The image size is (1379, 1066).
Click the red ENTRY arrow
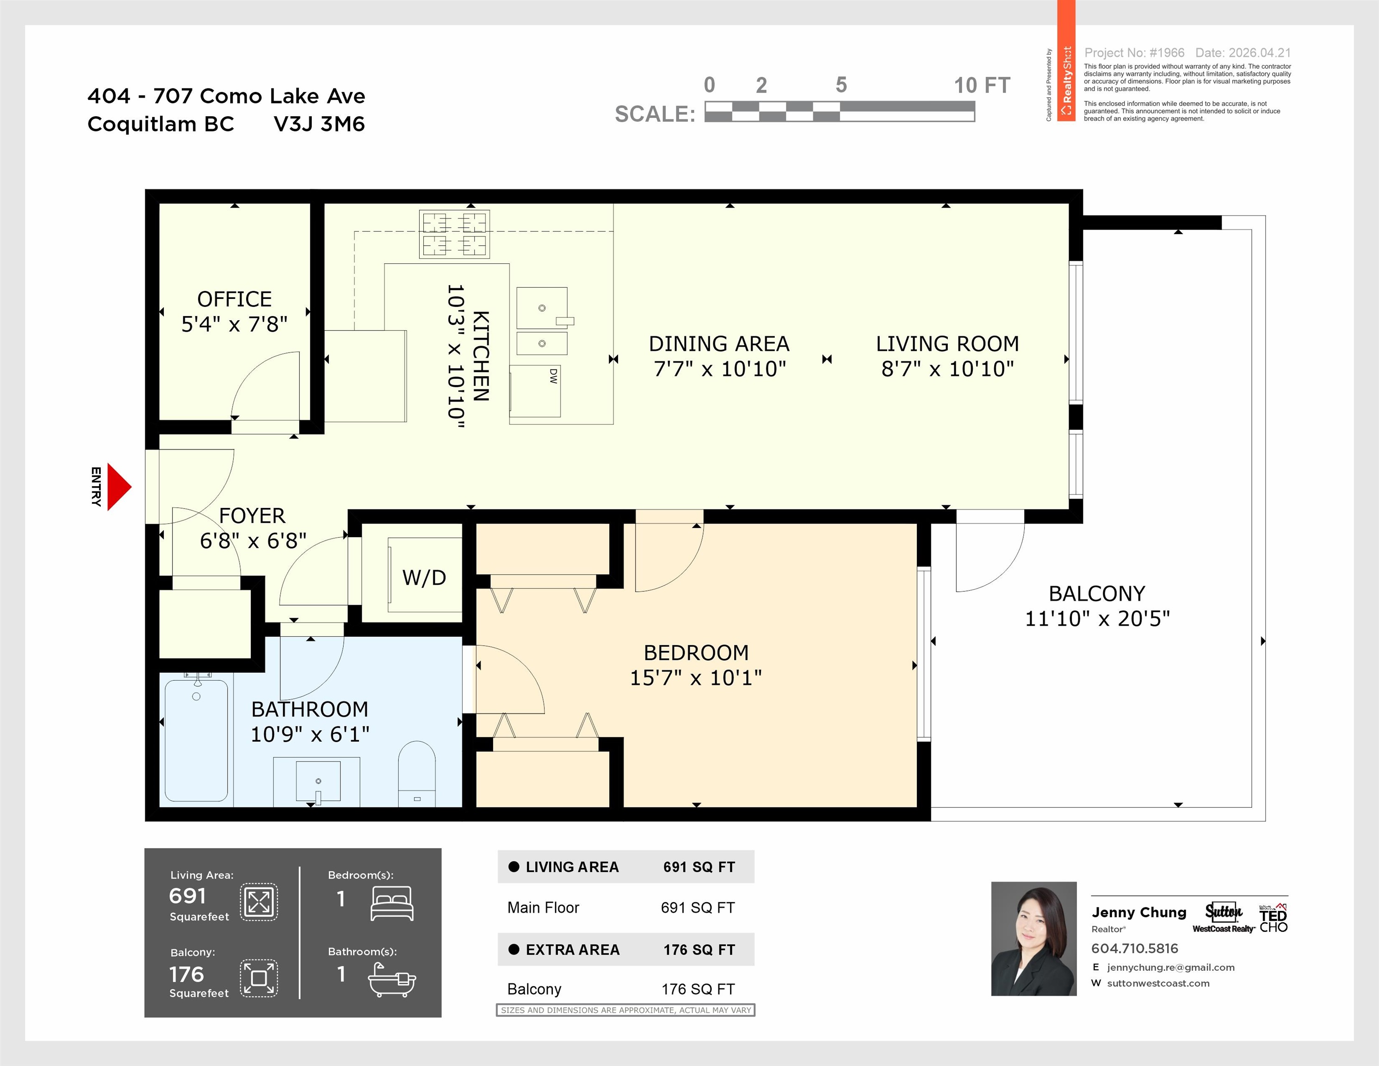click(x=119, y=487)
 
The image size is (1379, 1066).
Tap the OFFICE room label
click(x=234, y=299)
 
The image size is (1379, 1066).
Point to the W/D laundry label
click(x=424, y=577)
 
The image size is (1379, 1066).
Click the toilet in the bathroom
click(x=417, y=773)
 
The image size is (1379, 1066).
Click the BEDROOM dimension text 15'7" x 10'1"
click(x=696, y=678)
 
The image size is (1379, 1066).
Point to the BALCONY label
click(x=1097, y=594)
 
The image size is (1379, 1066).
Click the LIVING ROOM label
click(x=947, y=344)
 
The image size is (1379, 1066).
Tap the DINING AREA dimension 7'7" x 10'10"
click(x=720, y=369)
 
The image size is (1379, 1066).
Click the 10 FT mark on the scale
click(x=982, y=85)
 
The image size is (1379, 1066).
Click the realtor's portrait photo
click(x=1033, y=938)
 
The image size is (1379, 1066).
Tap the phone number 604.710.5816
click(x=1135, y=948)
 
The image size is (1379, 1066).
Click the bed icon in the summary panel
click(x=392, y=903)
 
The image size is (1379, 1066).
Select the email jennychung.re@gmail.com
click(x=1171, y=967)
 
